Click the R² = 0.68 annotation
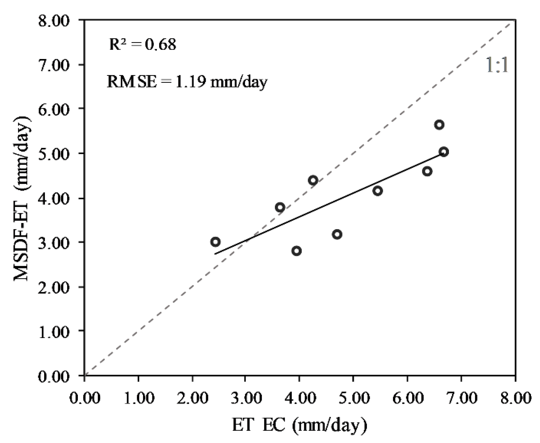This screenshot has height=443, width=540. pyautogui.click(x=143, y=44)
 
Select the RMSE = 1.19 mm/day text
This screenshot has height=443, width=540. pyautogui.click(x=187, y=82)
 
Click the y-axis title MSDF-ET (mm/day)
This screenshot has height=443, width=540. pyautogui.click(x=22, y=198)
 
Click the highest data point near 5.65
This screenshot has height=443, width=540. pyautogui.click(x=439, y=125)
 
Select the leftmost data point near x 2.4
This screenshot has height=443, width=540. pyautogui.click(x=215, y=242)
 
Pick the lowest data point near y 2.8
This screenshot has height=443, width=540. pyautogui.click(x=297, y=251)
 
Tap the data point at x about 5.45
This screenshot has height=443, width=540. pyautogui.click(x=378, y=191)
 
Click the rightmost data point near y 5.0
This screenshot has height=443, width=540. pyautogui.click(x=444, y=152)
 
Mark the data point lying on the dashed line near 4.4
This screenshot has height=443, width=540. pyautogui.click(x=313, y=180)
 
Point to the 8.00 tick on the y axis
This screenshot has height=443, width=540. pyautogui.click(x=53, y=21)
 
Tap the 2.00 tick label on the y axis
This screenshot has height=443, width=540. pyautogui.click(x=53, y=287)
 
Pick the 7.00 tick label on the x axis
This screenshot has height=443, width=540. pyautogui.click(x=461, y=398)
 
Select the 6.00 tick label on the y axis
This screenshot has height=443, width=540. pyautogui.click(x=53, y=109)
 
